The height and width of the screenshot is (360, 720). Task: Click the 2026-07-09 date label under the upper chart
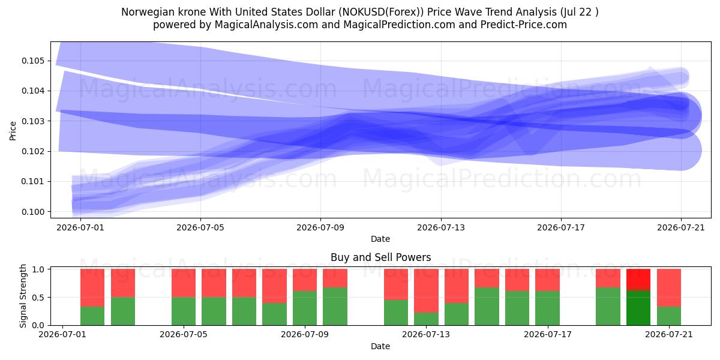pyautogui.click(x=320, y=227)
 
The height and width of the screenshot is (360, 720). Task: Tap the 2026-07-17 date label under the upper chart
pyautogui.click(x=561, y=227)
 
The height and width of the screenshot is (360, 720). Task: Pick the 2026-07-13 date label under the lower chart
pyautogui.click(x=426, y=334)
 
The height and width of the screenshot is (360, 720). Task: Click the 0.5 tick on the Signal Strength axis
pyautogui.click(x=38, y=298)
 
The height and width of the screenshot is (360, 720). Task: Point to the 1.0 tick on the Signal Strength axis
pyautogui.click(x=38, y=269)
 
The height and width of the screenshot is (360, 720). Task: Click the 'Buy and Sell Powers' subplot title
pyautogui.click(x=380, y=257)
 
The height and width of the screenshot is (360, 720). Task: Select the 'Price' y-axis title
pyautogui.click(x=13, y=131)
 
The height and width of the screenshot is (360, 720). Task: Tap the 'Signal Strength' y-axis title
pyautogui.click(x=23, y=296)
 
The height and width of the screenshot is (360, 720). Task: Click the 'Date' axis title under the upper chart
pyautogui.click(x=380, y=239)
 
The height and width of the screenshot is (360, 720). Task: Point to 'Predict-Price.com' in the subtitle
pyautogui.click(x=524, y=25)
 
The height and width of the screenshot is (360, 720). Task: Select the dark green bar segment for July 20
pyautogui.click(x=638, y=308)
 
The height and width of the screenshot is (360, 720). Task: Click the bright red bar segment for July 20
pyautogui.click(x=638, y=280)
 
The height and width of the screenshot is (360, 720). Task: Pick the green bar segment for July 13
pyautogui.click(x=426, y=319)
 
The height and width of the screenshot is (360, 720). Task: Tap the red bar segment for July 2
pyautogui.click(x=92, y=287)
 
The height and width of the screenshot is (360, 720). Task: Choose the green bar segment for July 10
pyautogui.click(x=335, y=307)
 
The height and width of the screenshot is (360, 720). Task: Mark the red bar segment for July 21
pyautogui.click(x=668, y=287)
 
